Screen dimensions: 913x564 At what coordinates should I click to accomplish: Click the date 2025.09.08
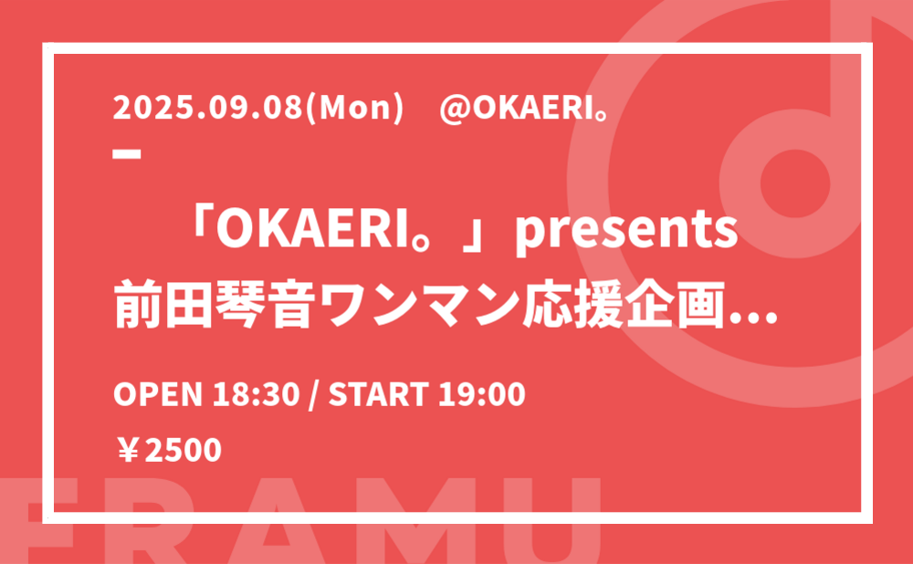tap(208, 108)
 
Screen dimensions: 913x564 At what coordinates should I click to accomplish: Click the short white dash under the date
tap(127, 154)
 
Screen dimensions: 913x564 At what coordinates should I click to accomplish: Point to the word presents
tap(626, 231)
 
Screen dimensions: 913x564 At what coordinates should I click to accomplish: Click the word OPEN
tap(158, 394)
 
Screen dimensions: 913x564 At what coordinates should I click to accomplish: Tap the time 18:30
tap(257, 394)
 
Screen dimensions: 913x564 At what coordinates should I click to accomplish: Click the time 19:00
tap(482, 394)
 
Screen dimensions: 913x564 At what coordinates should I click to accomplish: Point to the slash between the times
tap(314, 395)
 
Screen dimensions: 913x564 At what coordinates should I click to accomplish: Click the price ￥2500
tap(169, 451)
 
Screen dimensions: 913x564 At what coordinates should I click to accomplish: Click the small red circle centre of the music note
tap(795, 183)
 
